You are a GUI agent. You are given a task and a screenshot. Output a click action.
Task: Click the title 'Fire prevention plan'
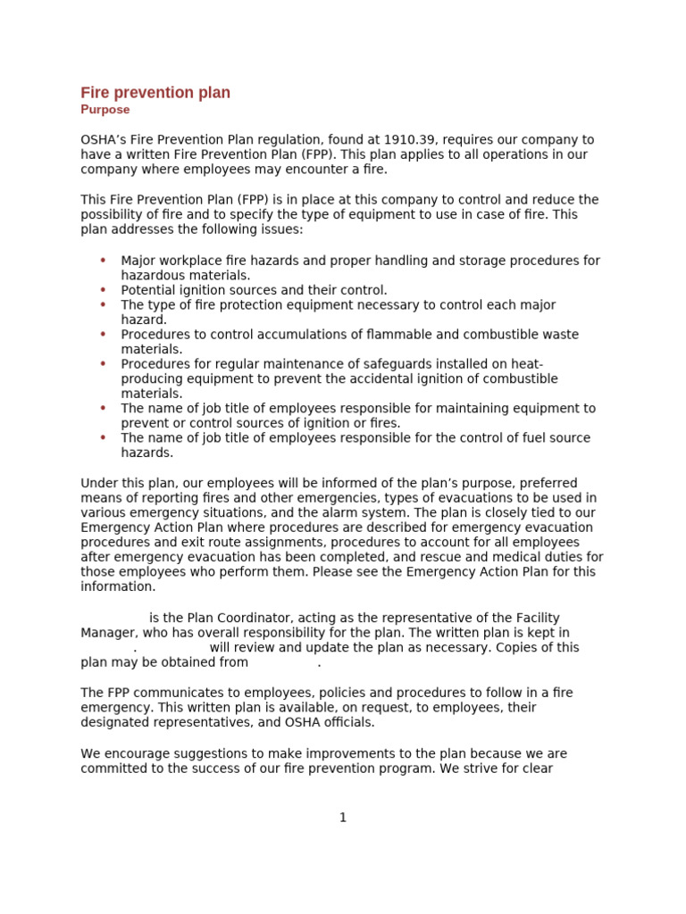pos(155,93)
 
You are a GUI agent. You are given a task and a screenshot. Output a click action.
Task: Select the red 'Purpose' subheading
pos(105,110)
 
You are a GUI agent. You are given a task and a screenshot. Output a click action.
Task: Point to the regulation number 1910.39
pos(410,140)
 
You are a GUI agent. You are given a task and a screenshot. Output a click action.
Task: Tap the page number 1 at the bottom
pos(343,818)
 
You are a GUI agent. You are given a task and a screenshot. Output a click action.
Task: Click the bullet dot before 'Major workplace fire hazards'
pos(103,261)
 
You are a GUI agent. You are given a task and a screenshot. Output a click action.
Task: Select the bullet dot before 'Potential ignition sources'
pos(103,290)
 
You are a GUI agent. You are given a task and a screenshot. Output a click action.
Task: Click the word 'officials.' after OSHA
pos(344,722)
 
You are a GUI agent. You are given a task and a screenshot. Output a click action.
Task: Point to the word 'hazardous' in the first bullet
pos(151,276)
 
